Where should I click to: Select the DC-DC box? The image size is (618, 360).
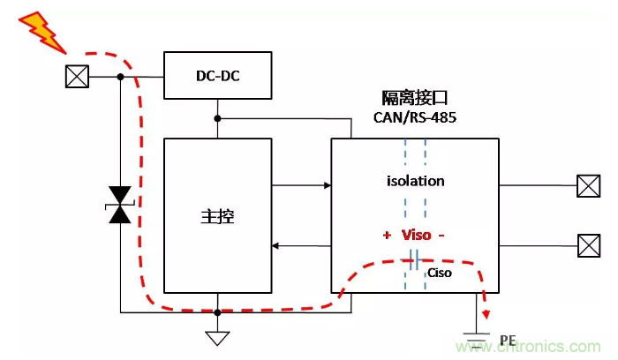point(218,76)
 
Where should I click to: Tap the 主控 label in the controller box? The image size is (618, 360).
point(216,217)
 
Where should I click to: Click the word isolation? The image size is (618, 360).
point(415,181)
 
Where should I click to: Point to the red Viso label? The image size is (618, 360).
point(414,236)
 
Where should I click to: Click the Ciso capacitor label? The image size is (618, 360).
point(440,273)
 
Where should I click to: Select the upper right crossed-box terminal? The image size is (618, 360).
point(588,186)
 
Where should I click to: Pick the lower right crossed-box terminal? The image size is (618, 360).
point(588,244)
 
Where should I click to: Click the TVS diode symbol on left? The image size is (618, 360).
point(120,205)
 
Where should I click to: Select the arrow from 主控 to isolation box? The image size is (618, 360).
point(301,185)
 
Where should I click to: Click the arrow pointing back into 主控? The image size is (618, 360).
point(301,244)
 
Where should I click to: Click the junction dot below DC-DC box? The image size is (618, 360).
point(217,117)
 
